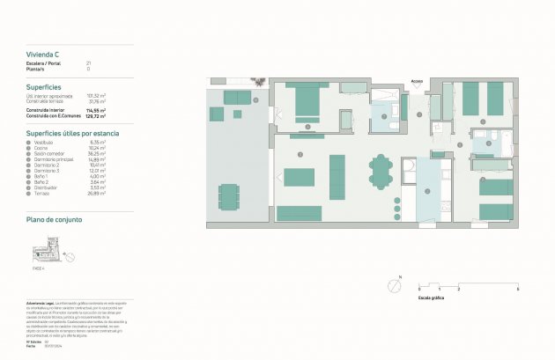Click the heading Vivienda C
pos(43,55)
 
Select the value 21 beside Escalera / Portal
pos(88,63)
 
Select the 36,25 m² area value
pos(97,153)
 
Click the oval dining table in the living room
pos(381,172)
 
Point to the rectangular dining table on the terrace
pos(229,196)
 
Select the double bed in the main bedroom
pos(307,105)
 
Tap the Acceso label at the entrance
pos(417,82)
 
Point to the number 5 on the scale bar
pos(517,290)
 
